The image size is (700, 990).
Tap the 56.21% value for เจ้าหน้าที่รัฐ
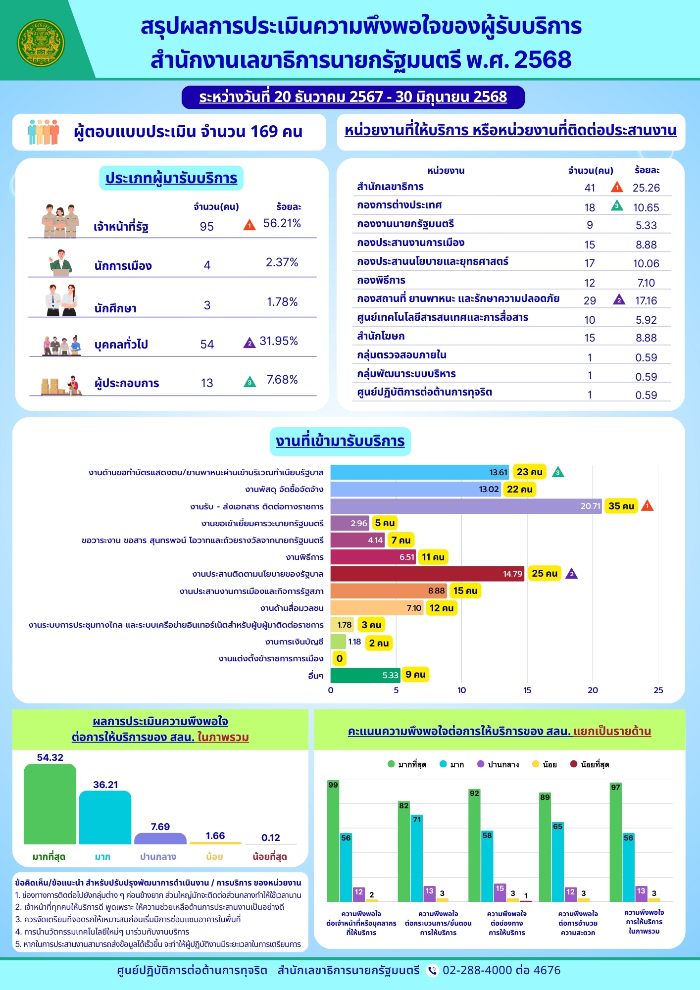[x=282, y=223]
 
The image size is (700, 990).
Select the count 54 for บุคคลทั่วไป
[x=207, y=345]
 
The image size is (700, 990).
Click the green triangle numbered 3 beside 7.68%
[x=250, y=382]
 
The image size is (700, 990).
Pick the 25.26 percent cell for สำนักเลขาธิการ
[x=646, y=188]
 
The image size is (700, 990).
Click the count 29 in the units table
[x=590, y=301]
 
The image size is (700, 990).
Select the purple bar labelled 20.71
[x=465, y=506]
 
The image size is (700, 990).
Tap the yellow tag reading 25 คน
[x=544, y=573]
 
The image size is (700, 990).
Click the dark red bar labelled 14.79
[x=427, y=574]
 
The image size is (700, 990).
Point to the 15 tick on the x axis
[x=527, y=690]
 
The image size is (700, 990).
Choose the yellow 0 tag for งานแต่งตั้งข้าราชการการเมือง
[x=340, y=658]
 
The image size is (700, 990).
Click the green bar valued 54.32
[x=50, y=804]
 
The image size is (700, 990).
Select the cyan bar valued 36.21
[x=105, y=818]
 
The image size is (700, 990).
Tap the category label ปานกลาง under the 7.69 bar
[x=158, y=857]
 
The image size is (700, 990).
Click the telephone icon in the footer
[x=432, y=971]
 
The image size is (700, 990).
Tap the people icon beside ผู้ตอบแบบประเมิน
[x=44, y=132]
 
